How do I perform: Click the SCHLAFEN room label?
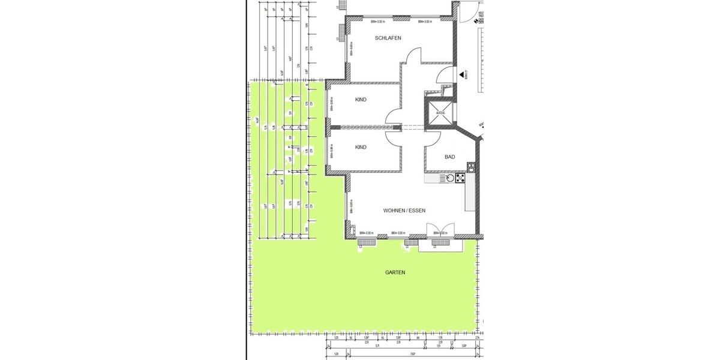tap(388, 38)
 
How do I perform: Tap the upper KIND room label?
tap(361, 100)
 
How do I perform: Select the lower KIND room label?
tap(361, 147)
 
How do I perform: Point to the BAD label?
tap(449, 157)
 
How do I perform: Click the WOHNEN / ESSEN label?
tap(404, 211)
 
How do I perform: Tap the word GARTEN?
tap(395, 272)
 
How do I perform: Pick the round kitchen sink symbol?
tap(446, 178)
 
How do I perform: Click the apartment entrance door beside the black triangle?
tap(445, 74)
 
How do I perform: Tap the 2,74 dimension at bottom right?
tap(477, 338)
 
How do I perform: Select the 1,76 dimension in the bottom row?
tap(422, 338)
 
